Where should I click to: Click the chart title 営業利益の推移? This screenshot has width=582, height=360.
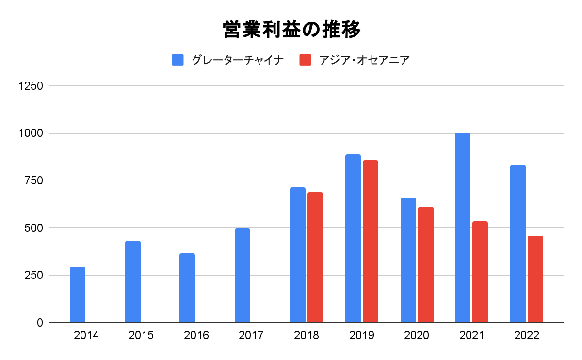[x=291, y=30]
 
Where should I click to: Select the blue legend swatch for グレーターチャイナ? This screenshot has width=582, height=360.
[x=178, y=60]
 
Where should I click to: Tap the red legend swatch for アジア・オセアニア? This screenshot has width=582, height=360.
[x=305, y=60]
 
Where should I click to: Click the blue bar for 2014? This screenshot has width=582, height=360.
[x=78, y=295]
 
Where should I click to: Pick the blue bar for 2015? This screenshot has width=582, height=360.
[x=133, y=281]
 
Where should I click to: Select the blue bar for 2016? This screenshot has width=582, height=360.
[x=187, y=288]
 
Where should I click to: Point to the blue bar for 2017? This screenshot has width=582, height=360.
[x=242, y=275]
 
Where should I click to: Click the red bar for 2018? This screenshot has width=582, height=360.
[x=315, y=257]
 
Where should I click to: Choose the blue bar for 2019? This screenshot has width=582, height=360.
[x=353, y=238]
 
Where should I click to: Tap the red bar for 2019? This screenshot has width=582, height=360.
[x=371, y=241]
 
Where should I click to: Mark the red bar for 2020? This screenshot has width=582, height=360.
[x=426, y=264]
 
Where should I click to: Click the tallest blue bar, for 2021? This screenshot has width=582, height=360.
[x=463, y=228]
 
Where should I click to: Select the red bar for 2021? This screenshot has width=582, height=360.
[x=480, y=272]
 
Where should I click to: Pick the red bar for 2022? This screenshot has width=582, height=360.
[x=535, y=279]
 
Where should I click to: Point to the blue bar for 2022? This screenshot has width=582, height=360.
[x=518, y=244]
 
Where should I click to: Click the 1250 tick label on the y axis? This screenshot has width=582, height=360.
[x=31, y=86]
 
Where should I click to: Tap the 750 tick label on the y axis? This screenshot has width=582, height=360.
[x=34, y=180]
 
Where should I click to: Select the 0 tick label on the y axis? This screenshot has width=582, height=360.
[x=40, y=323]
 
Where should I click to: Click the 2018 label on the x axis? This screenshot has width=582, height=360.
[x=307, y=336]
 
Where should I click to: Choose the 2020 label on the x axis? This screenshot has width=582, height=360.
[x=417, y=336]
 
